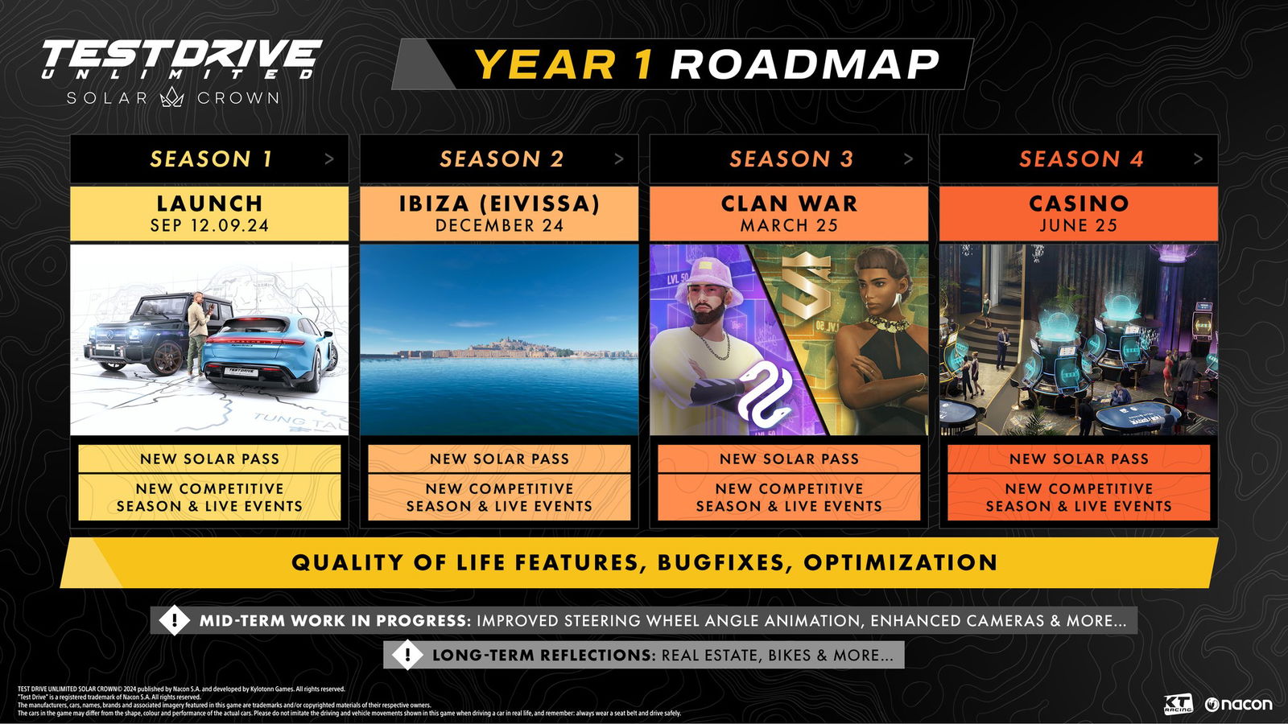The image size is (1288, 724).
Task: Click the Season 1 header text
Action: click(211, 159)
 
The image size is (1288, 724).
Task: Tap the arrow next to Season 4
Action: click(1198, 159)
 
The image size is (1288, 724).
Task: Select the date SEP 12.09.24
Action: click(209, 226)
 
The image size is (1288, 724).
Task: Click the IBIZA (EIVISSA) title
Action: click(499, 204)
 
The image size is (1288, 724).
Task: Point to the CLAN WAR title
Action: click(789, 204)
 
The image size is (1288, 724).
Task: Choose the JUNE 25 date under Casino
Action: click(1078, 226)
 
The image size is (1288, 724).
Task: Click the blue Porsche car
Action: click(270, 354)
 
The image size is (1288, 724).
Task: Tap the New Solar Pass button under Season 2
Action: click(499, 459)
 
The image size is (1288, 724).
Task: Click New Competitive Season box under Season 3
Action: click(789, 497)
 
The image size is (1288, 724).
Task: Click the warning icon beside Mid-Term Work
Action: click(175, 620)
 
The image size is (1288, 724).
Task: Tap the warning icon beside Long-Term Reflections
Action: click(407, 655)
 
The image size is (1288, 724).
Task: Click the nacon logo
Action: click(1239, 705)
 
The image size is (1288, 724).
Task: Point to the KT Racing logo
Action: click(1178, 705)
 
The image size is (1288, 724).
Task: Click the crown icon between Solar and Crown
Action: click(172, 98)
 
